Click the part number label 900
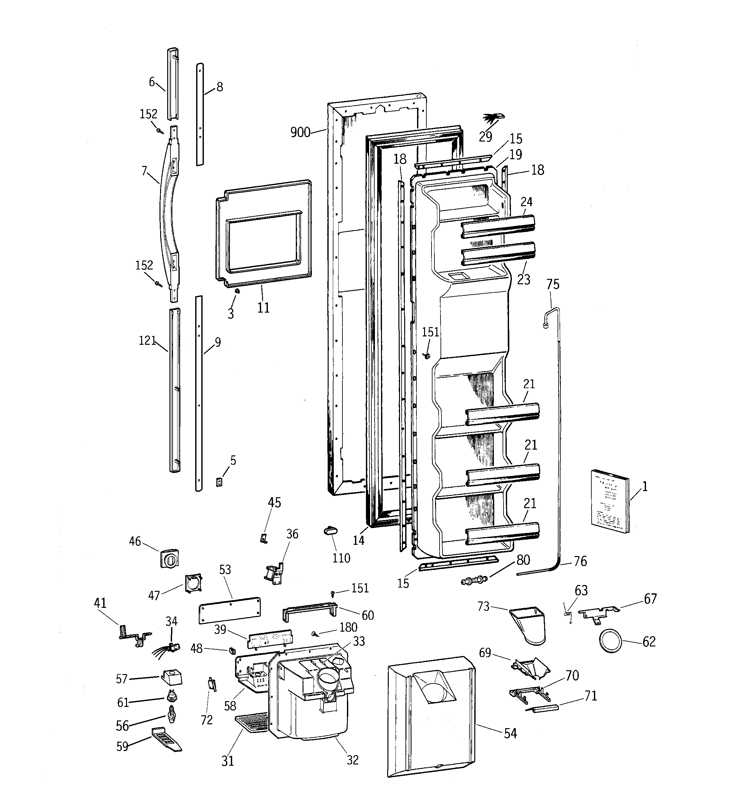coord(300,133)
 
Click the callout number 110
coord(341,558)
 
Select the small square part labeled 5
coord(219,482)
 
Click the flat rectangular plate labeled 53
coord(230,610)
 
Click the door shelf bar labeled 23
coord(498,253)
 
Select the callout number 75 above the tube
coord(553,284)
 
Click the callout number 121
coord(147,341)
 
